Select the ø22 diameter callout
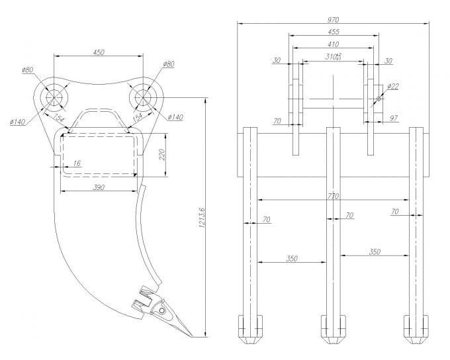[x=393, y=87]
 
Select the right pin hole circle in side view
[x=144, y=97]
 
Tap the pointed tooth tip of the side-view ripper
[x=192, y=336]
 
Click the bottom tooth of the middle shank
[x=334, y=330]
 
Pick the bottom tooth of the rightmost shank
[x=417, y=330]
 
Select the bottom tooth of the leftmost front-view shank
[x=250, y=330]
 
